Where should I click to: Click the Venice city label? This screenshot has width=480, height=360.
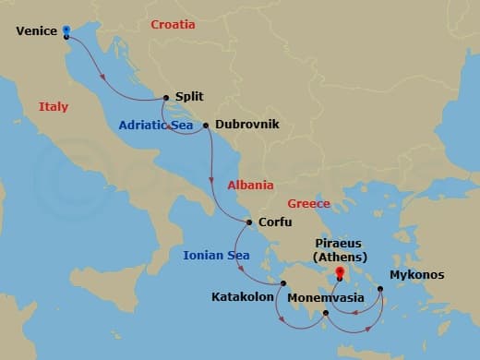[37, 31]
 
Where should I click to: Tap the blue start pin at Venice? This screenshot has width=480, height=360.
[66, 30]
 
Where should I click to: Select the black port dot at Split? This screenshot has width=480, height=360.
[166, 97]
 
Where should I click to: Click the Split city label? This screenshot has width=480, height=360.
[188, 96]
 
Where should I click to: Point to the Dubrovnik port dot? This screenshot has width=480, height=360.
[205, 125]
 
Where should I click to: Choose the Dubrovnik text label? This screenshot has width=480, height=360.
[246, 125]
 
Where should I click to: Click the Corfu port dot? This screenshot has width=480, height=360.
[249, 222]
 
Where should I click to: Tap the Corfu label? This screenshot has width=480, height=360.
[275, 222]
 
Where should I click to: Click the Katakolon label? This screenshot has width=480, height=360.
[243, 299]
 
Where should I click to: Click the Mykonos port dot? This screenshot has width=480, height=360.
[380, 289]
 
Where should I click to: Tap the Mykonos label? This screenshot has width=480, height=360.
[416, 275]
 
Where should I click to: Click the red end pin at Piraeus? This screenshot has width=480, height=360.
[340, 272]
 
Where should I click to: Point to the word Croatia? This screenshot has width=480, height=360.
[173, 24]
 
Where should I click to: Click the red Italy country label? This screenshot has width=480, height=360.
[54, 107]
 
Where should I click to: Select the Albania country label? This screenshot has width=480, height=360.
[251, 185]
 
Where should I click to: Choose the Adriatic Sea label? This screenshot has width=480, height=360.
[153, 125]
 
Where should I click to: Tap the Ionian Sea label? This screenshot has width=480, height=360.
[216, 256]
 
